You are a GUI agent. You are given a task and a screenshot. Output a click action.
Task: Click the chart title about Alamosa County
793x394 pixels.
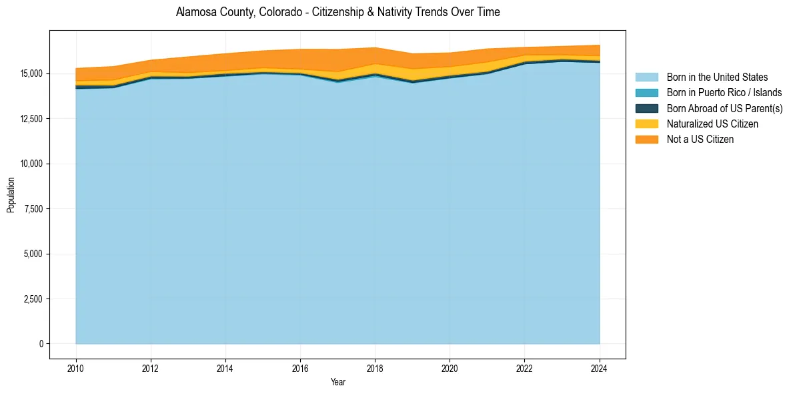337,12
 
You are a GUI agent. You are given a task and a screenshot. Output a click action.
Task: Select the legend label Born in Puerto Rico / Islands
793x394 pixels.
724,93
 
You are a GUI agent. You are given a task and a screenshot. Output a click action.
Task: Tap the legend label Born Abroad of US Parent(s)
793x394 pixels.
724,108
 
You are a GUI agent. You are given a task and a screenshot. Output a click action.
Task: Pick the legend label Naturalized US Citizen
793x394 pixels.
712,124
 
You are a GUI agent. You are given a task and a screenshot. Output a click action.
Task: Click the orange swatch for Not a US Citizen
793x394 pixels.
646,140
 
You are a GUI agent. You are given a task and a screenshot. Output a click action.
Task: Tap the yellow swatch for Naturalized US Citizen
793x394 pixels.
646,124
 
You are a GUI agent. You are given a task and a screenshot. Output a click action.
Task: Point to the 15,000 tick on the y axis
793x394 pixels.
31,73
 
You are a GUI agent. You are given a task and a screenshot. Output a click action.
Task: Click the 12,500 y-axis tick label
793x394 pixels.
31,119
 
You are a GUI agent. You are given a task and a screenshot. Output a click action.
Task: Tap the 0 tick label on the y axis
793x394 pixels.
41,344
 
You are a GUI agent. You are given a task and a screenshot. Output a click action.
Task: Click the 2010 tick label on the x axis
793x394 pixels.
76,367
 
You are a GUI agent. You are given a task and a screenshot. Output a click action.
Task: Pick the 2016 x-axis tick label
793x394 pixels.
300,367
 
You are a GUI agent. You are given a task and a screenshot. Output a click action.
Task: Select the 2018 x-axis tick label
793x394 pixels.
375,367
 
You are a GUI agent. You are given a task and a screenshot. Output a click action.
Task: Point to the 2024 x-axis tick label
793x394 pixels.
600,367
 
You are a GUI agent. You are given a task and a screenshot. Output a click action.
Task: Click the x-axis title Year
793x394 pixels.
337,382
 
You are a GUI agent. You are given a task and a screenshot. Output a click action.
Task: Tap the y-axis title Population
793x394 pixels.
11,195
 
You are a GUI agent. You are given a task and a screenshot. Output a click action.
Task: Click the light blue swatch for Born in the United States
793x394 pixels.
646,77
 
